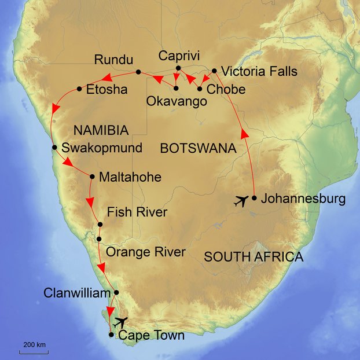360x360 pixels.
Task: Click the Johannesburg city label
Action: pyautogui.click(x=303, y=199)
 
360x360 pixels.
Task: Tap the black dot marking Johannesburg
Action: pyautogui.click(x=254, y=198)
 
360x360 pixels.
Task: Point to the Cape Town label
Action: pyautogui.click(x=151, y=335)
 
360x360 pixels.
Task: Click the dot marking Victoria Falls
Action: pyautogui.click(x=215, y=71)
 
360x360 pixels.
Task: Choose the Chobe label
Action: pyautogui.click(x=226, y=90)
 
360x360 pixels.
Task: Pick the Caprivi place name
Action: pyautogui.click(x=179, y=56)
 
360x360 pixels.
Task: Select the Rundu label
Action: pyautogui.click(x=113, y=60)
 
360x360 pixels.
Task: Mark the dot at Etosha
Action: pyautogui.click(x=79, y=89)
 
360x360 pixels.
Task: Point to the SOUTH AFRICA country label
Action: pyautogui.click(x=254, y=256)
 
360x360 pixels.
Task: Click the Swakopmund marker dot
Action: pyautogui.click(x=54, y=147)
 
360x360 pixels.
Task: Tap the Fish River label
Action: pyautogui.click(x=137, y=212)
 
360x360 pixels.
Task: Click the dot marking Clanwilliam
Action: pyautogui.click(x=116, y=292)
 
